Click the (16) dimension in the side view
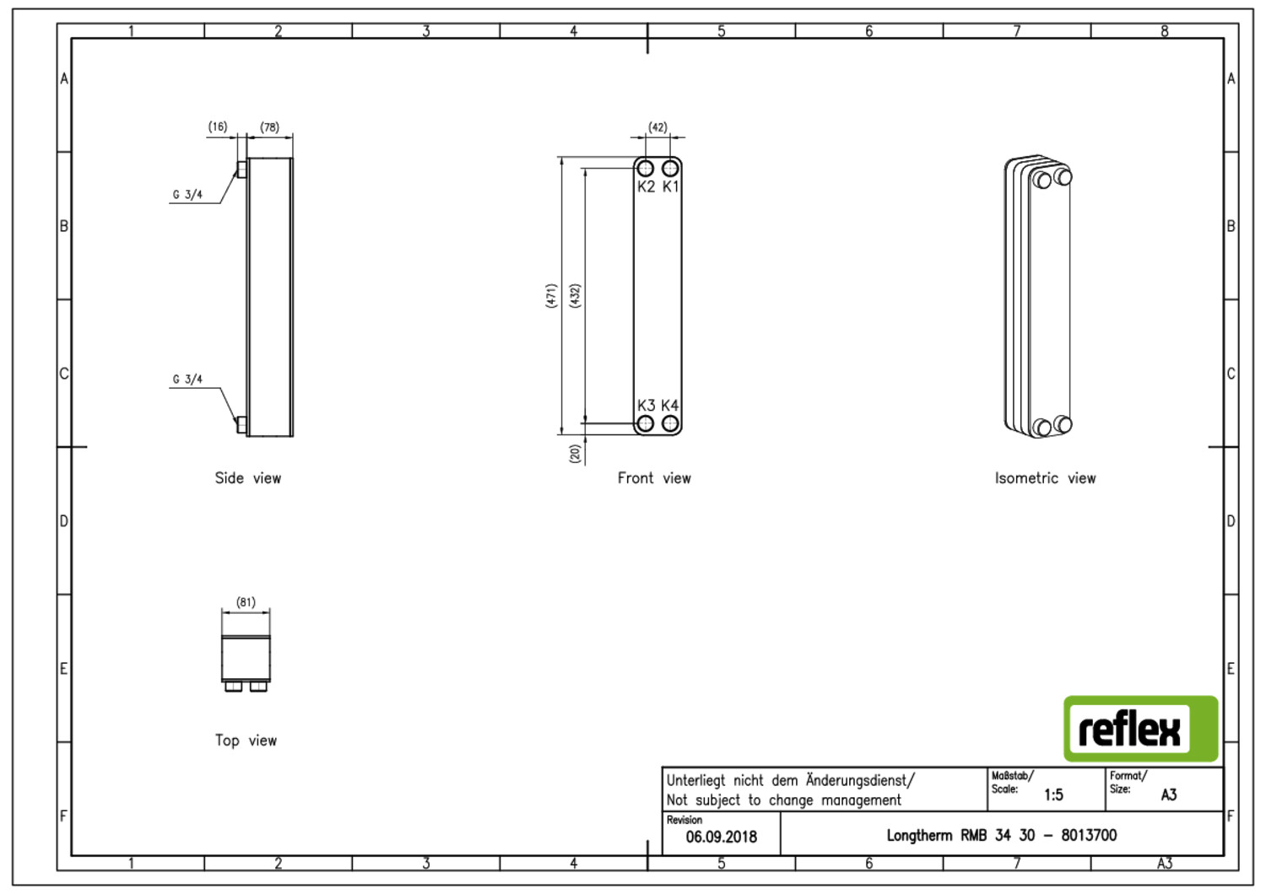[218, 127]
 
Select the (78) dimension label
[269, 127]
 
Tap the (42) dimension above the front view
[657, 127]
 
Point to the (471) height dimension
[551, 296]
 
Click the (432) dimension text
[575, 296]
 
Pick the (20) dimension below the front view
[575, 454]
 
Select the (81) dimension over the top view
[246, 602]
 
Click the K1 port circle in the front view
[670, 169]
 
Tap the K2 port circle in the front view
[645, 169]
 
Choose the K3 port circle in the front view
[645, 423]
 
